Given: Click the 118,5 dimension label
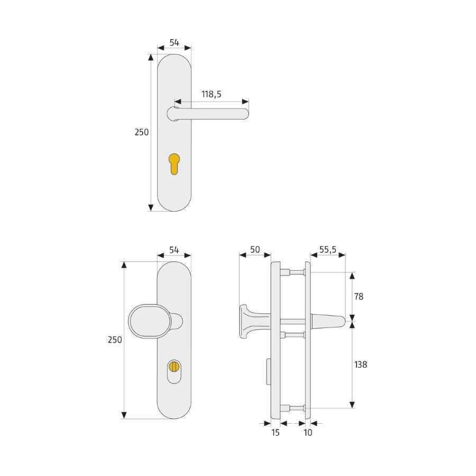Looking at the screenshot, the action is click(211, 95).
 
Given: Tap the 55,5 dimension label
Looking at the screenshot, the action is click(328, 250).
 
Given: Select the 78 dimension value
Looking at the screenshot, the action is click(359, 296).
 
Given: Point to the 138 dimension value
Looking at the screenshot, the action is click(361, 364).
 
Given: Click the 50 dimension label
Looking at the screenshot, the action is click(255, 250).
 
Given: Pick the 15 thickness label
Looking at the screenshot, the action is click(276, 433).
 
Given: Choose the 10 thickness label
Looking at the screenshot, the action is click(308, 433).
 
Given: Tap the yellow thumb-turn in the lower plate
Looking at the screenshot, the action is click(174, 367).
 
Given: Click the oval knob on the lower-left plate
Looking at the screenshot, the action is click(147, 321).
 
